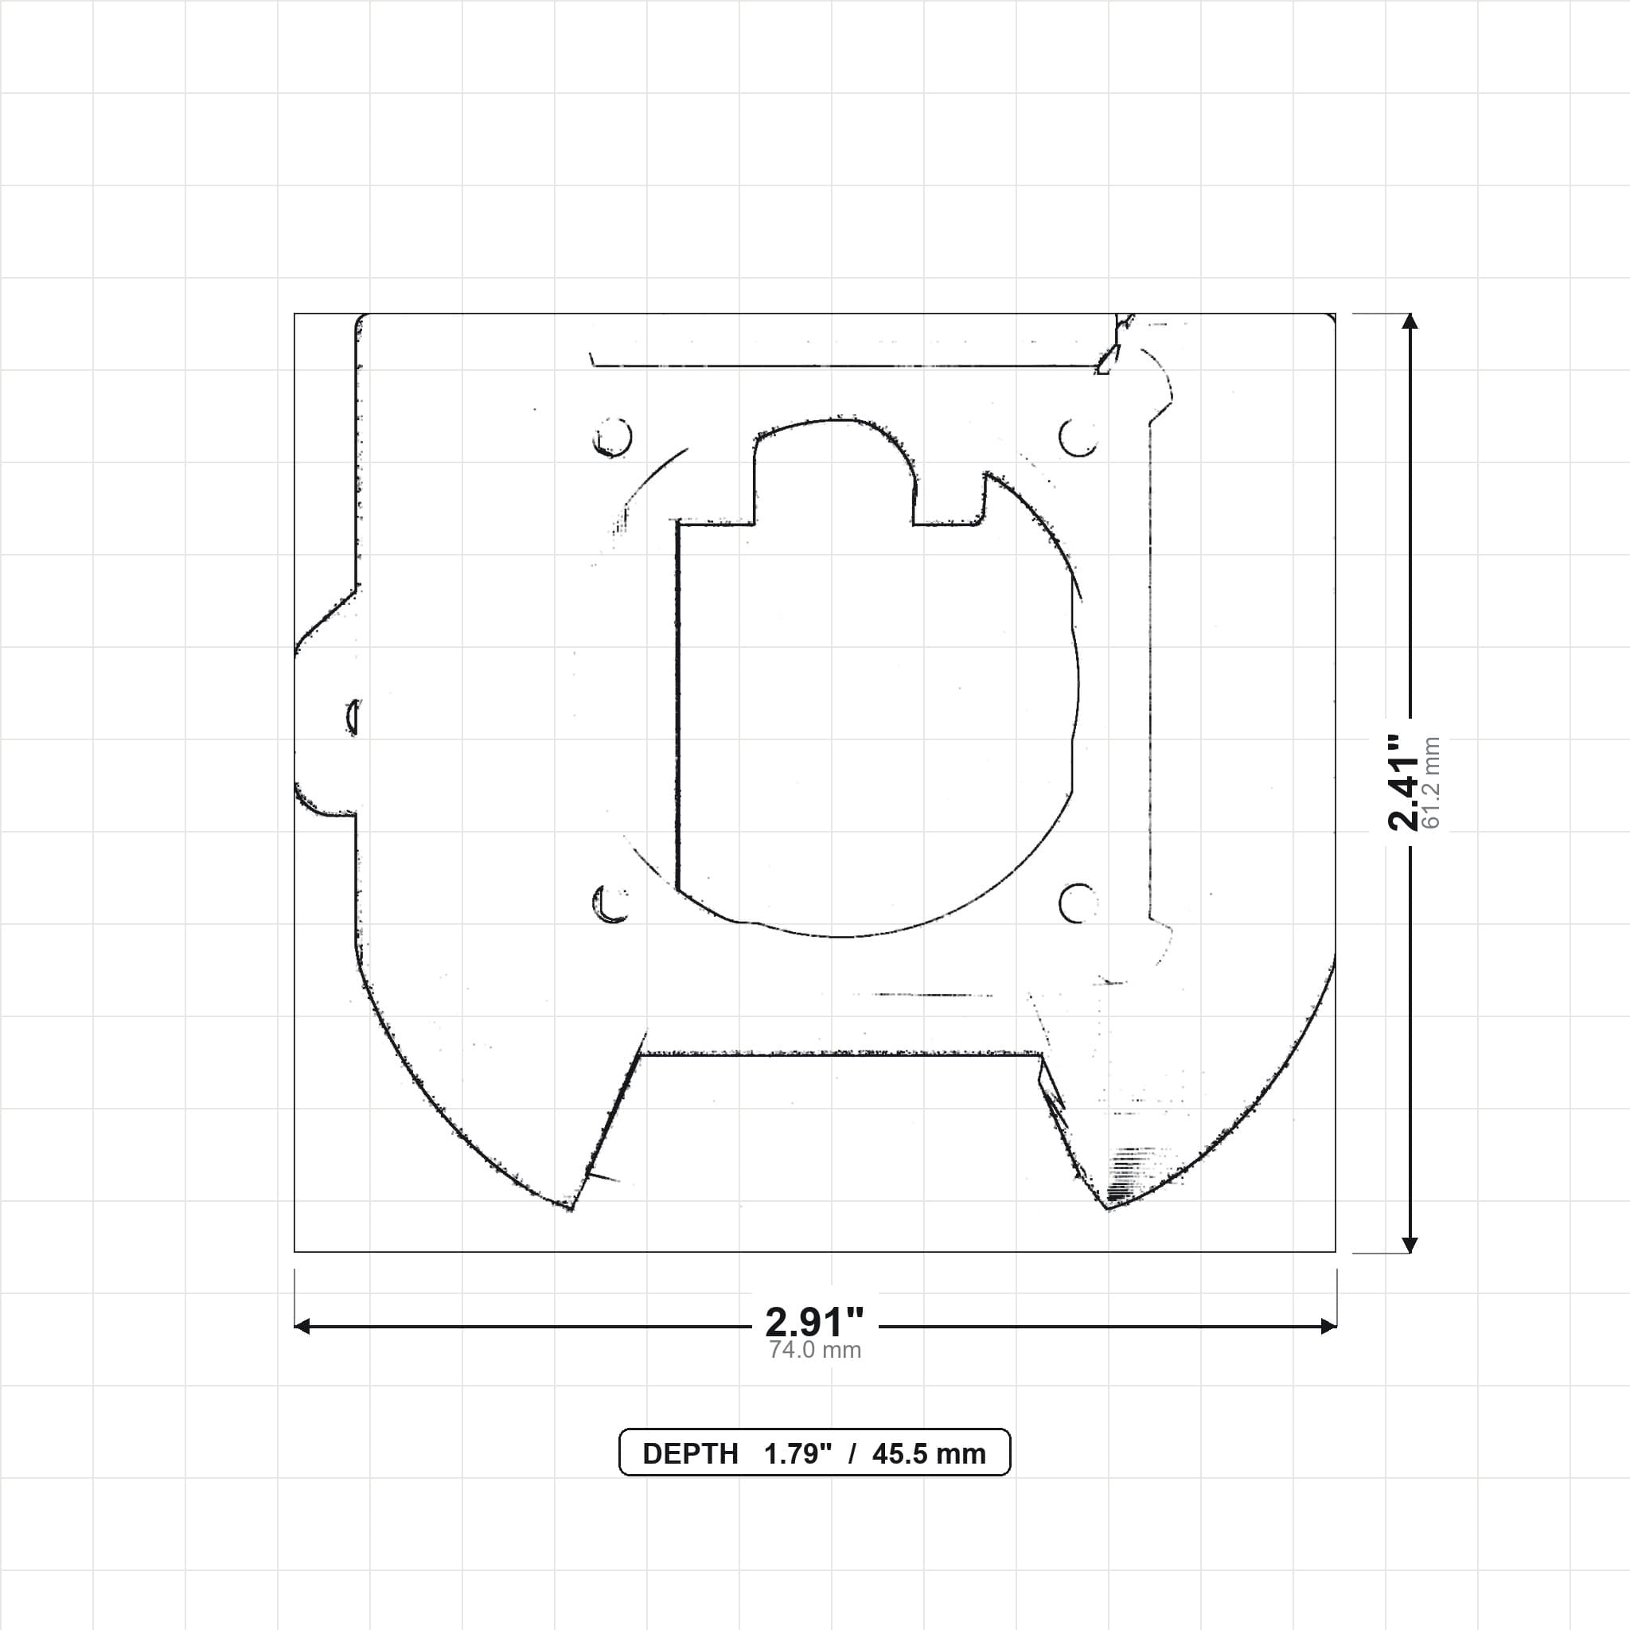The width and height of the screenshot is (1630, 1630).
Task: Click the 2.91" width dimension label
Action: pyautogui.click(x=814, y=1320)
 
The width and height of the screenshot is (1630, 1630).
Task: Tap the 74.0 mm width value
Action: pyautogui.click(x=814, y=1350)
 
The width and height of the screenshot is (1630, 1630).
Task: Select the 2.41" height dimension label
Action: pyautogui.click(x=1405, y=783)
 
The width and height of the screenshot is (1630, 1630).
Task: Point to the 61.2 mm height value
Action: pyautogui.click(x=1432, y=783)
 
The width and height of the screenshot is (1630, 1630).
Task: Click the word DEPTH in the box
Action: pyautogui.click(x=690, y=1453)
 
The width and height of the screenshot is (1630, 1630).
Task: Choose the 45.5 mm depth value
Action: pyautogui.click(x=929, y=1453)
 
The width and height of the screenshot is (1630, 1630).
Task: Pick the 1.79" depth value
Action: pyautogui.click(x=797, y=1453)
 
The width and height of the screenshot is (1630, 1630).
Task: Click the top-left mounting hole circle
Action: pyautogui.click(x=613, y=437)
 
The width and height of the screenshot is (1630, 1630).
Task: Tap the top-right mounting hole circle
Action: pyautogui.click(x=1078, y=437)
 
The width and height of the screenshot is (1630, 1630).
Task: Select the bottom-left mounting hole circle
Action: pyautogui.click(x=613, y=903)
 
